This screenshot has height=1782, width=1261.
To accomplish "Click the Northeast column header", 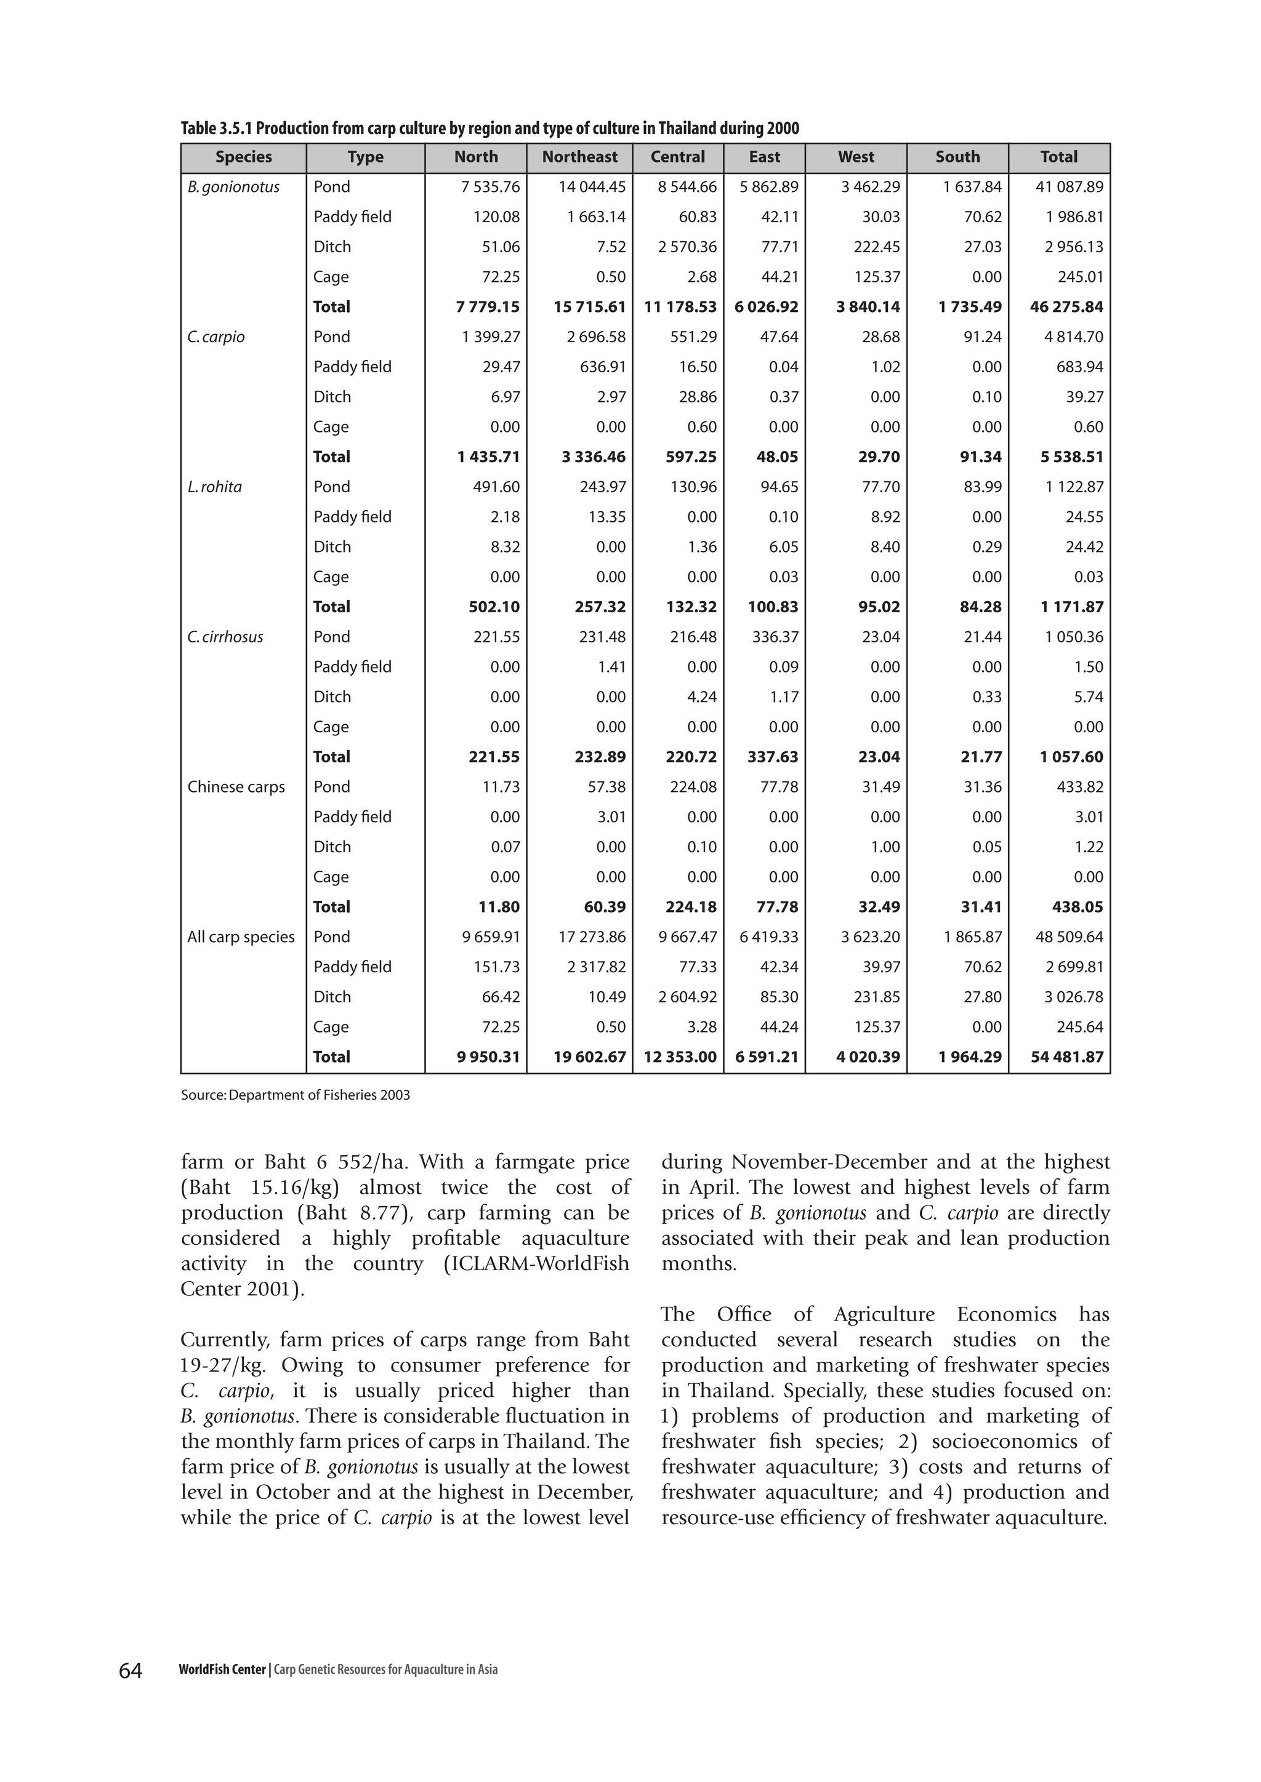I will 579,157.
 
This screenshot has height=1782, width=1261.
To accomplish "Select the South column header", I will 957,157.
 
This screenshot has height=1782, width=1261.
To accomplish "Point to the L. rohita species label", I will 214,487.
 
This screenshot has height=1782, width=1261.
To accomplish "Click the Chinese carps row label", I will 236,787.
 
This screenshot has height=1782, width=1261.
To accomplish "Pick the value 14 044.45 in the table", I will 592,187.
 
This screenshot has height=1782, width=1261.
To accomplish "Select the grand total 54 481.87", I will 1066,1057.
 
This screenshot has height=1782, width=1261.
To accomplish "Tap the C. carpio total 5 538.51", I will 1071,457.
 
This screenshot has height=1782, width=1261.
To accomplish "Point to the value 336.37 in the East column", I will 774,637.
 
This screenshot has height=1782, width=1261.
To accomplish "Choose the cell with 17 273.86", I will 592,937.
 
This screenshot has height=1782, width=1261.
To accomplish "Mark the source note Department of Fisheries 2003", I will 295,1095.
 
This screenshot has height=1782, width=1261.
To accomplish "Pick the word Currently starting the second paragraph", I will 225,1340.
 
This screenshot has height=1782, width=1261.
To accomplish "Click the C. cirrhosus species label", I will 225,637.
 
